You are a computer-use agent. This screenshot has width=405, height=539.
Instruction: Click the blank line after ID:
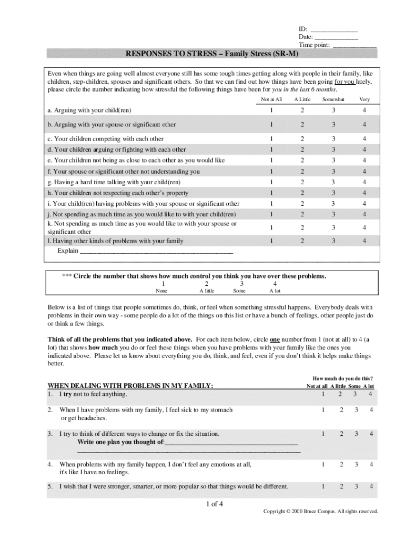(x=334, y=29)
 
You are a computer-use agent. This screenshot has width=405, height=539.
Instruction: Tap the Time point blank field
(x=355, y=46)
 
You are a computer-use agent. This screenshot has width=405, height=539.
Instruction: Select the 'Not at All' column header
(x=271, y=99)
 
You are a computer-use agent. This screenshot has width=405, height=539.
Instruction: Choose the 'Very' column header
(x=364, y=99)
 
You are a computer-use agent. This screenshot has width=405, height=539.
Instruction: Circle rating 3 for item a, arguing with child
(x=333, y=111)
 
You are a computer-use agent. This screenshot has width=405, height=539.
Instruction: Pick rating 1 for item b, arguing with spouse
(x=271, y=125)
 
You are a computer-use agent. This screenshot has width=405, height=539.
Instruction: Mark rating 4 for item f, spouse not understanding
(x=364, y=172)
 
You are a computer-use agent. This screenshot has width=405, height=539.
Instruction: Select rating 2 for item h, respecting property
(x=302, y=193)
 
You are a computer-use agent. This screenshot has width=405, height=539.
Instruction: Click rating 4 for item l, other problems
(x=364, y=241)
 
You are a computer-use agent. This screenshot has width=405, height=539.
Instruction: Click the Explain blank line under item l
(x=156, y=252)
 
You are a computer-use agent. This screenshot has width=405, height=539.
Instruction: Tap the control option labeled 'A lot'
(x=275, y=291)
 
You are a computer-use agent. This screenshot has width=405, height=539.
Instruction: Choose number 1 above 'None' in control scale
(x=163, y=283)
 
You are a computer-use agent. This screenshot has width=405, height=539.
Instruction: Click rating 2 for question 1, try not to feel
(x=341, y=394)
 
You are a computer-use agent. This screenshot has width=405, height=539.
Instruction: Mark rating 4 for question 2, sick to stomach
(x=371, y=410)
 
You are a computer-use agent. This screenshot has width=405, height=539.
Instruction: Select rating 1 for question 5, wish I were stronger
(x=323, y=486)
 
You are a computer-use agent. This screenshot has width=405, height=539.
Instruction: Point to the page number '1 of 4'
(x=215, y=504)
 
